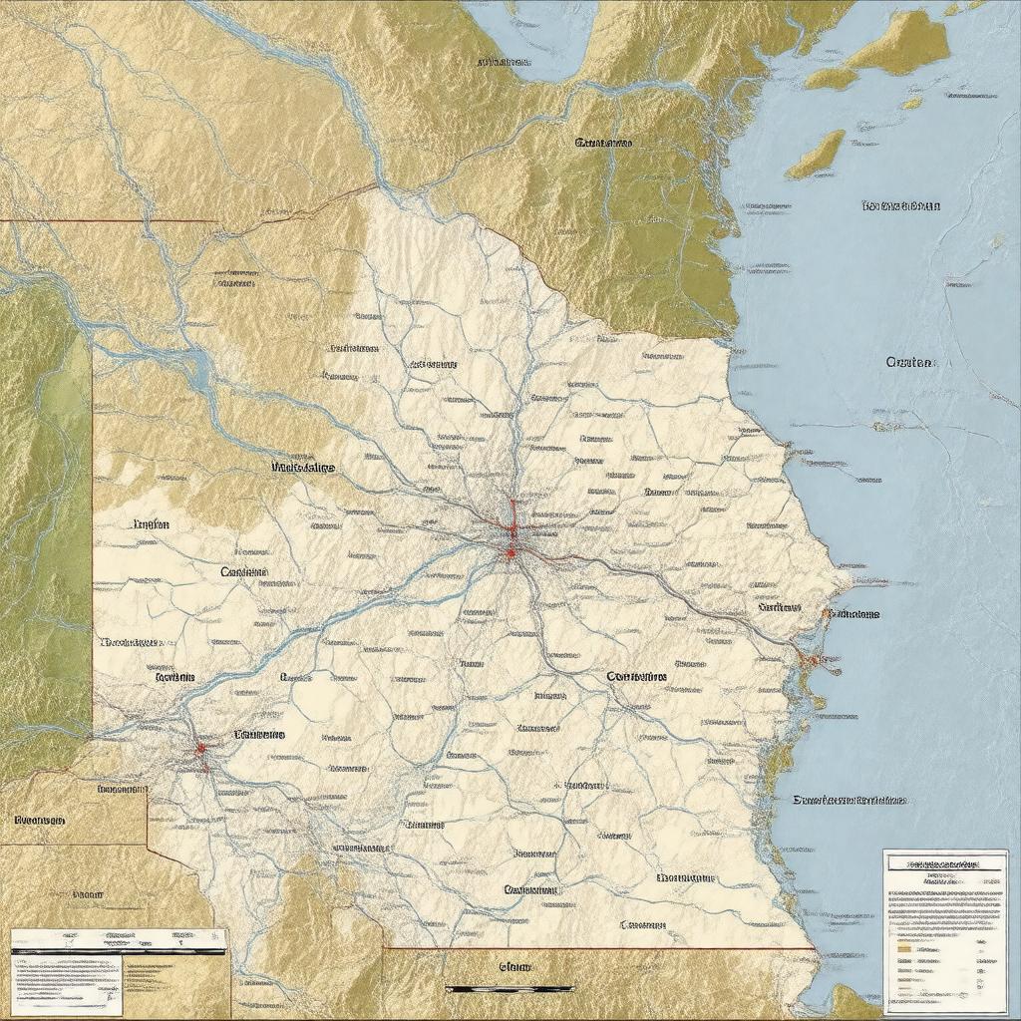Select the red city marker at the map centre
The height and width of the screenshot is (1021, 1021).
[510, 550]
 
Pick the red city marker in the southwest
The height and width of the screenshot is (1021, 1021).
[200, 747]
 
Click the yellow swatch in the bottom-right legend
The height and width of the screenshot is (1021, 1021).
[903, 949]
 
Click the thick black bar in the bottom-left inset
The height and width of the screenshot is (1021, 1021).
[118, 951]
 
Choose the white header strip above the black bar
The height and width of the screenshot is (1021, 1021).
[118, 937]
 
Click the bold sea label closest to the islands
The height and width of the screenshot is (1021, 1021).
[900, 206]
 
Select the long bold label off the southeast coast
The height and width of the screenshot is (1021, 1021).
[850, 800]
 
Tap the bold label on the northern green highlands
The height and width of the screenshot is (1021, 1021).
[603, 143]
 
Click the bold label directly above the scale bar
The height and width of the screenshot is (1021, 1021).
[514, 966]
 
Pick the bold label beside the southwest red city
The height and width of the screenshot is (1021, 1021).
[259, 734]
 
